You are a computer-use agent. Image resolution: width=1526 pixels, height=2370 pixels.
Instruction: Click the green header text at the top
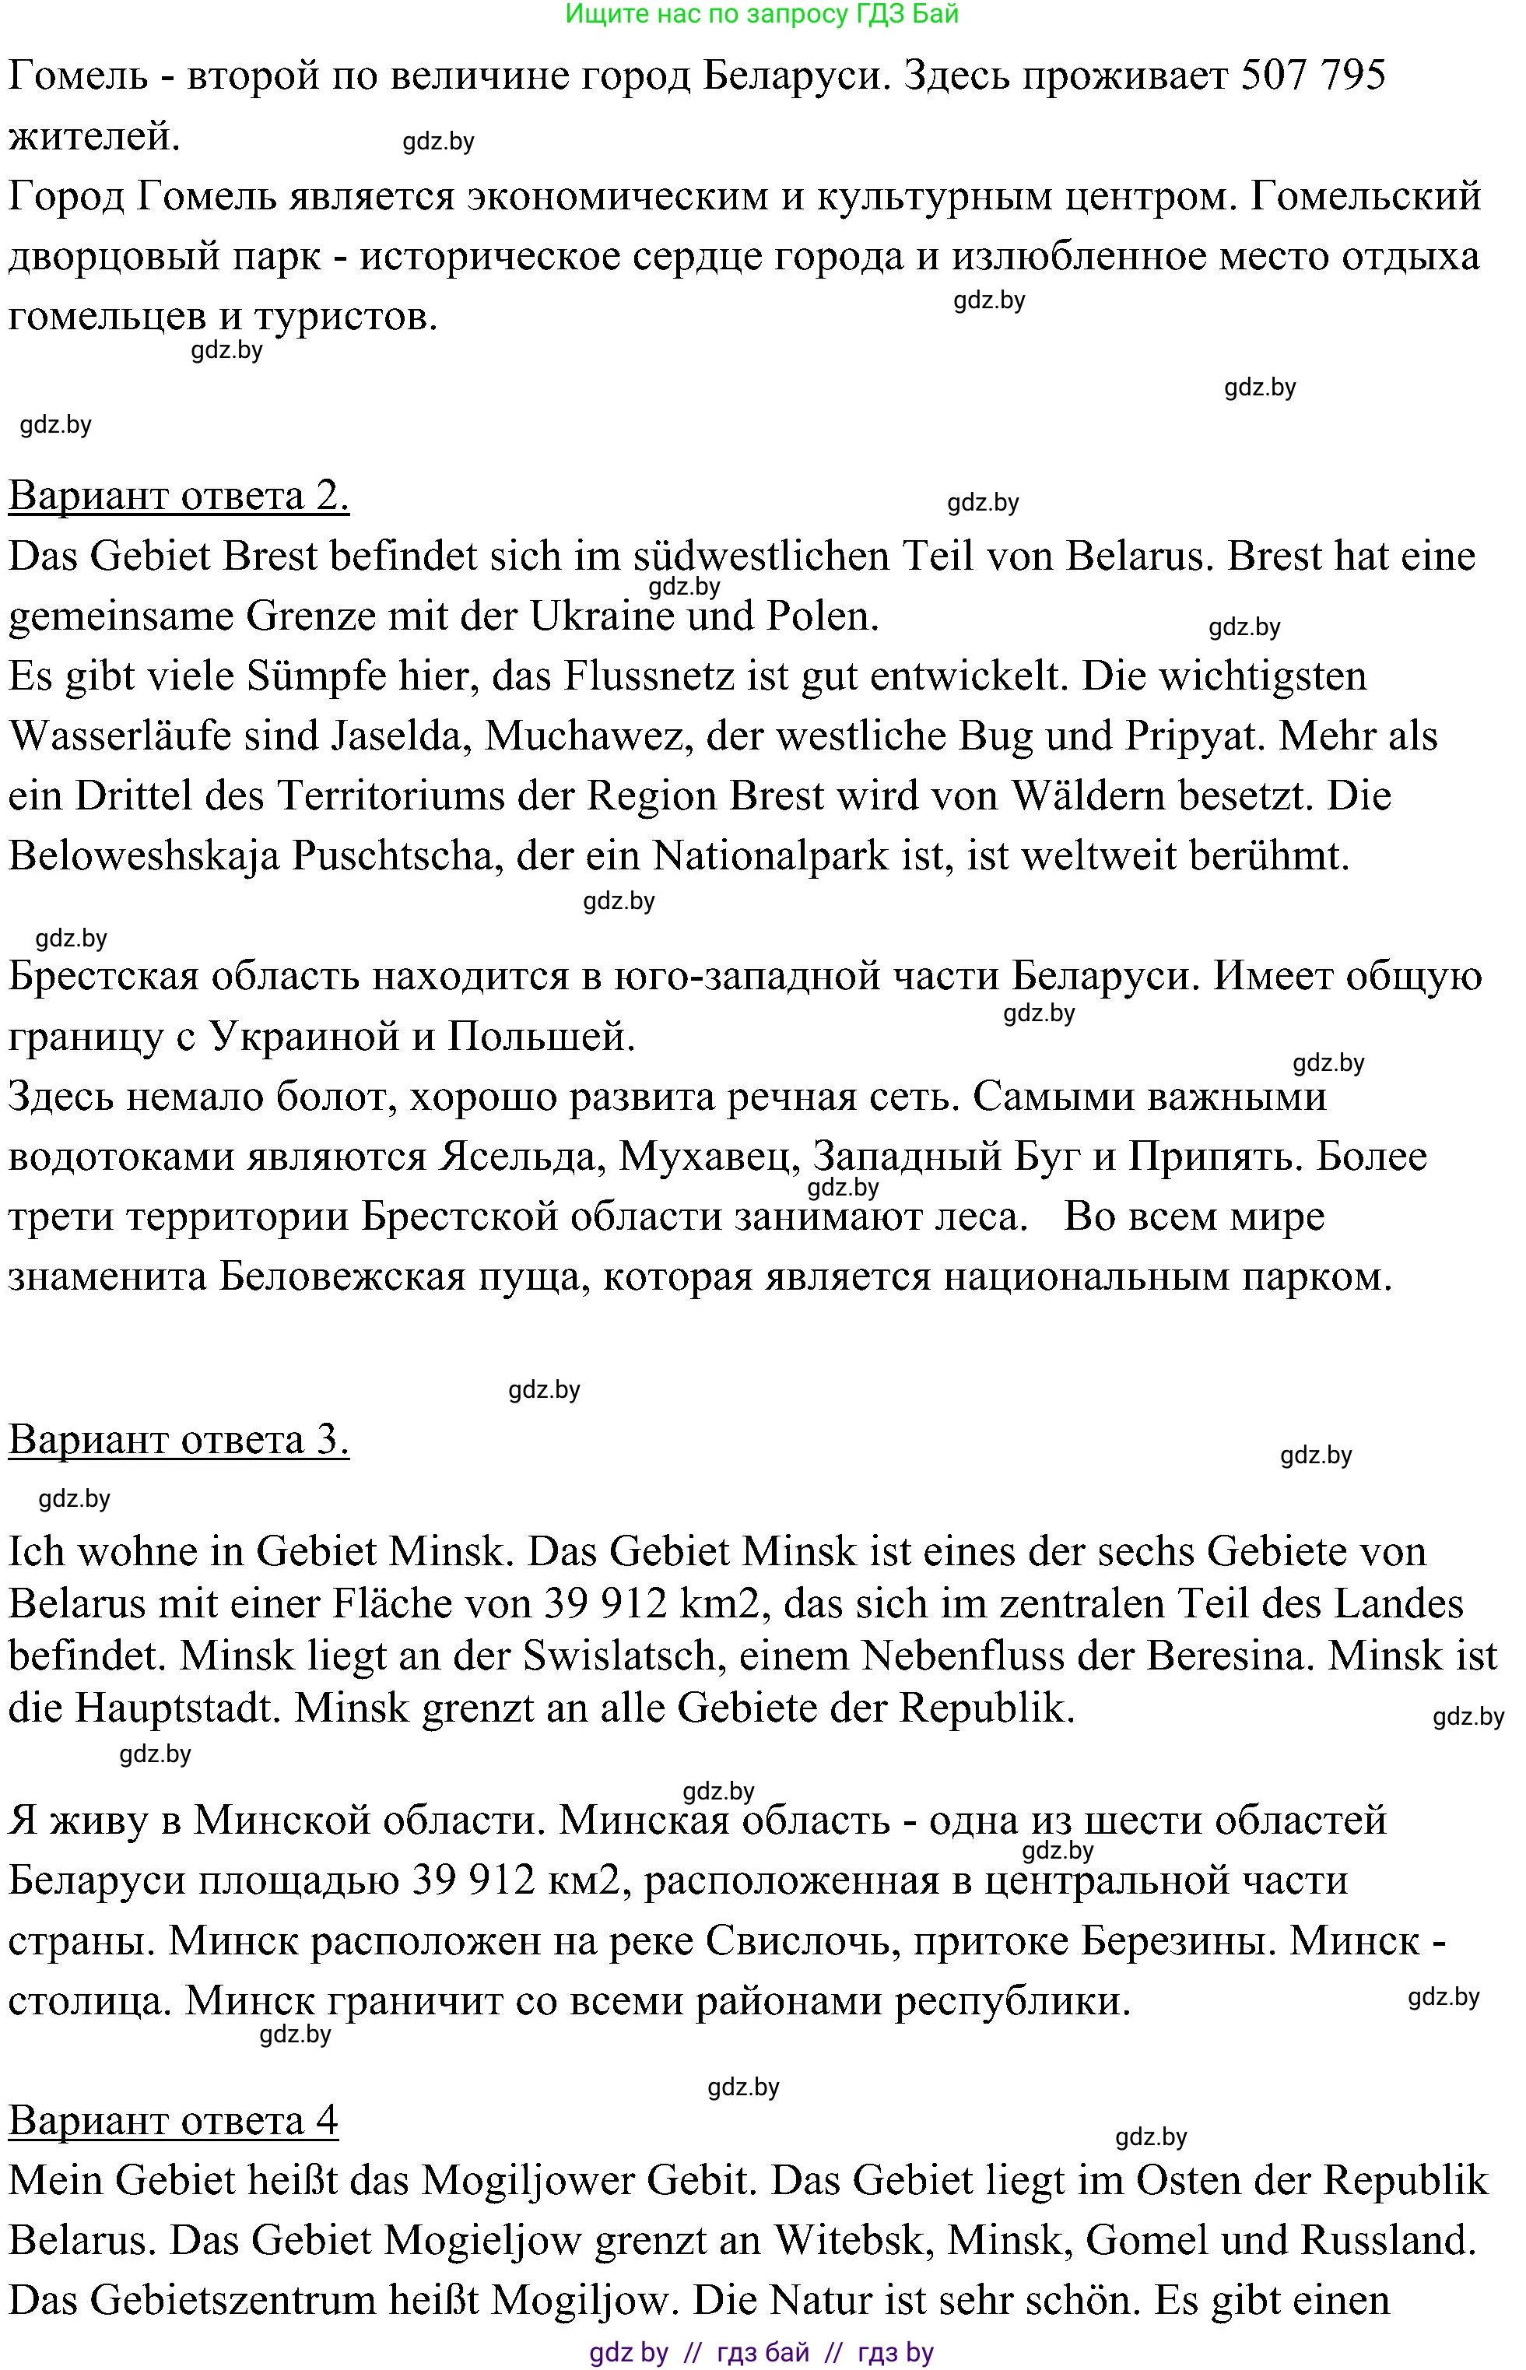pyautogui.click(x=761, y=14)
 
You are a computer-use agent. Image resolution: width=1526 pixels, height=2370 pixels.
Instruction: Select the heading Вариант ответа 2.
pyautogui.click(x=178, y=495)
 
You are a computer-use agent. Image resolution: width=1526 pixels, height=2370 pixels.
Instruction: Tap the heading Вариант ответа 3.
pyautogui.click(x=178, y=1440)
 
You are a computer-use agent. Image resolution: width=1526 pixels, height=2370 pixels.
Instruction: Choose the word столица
pyautogui.click(x=89, y=2000)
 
